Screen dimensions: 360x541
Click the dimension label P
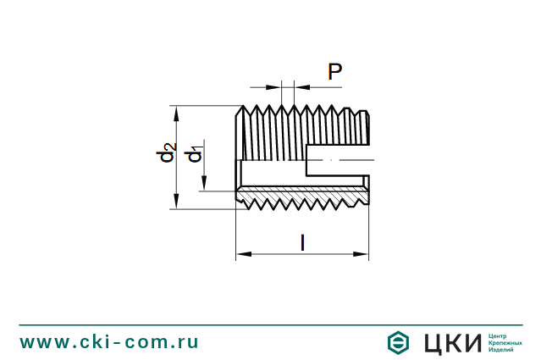click(x=334, y=72)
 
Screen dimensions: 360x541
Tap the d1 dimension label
click(x=195, y=153)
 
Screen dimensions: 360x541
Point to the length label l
click(x=302, y=242)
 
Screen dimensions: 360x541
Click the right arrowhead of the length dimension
click(x=363, y=253)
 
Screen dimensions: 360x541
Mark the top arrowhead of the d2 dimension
click(x=176, y=111)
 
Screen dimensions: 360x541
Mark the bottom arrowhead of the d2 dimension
click(x=176, y=202)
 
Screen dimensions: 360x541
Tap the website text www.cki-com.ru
click(x=109, y=342)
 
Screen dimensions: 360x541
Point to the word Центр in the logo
click(x=499, y=335)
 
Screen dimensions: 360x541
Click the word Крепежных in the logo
click(x=505, y=343)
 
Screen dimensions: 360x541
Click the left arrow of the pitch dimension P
click(x=276, y=86)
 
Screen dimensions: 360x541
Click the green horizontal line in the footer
click(x=270, y=324)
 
